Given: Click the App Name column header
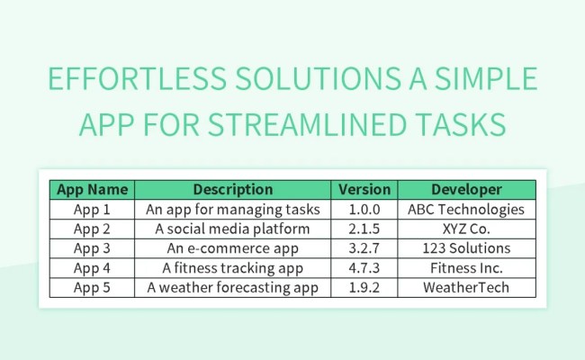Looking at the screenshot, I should coord(93,190).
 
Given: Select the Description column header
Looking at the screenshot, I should coord(232,190).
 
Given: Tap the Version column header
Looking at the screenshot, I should coord(364,190).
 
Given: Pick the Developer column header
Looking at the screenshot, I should coord(466,190).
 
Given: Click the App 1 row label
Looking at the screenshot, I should coord(93,210).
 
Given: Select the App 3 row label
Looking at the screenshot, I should coord(93,248).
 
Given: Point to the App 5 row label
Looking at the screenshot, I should coord(93,287).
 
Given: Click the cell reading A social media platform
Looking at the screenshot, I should coord(232,229).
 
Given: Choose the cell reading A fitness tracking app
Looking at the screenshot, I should coord(232,268).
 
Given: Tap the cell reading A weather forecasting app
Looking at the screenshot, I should coord(232,287).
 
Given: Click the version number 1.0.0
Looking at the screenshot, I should coord(364,210).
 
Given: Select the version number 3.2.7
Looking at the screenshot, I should coord(364,248).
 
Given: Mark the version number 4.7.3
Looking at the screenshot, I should coord(364,268).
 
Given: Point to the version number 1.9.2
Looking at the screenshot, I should coord(364,287).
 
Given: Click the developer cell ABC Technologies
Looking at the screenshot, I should coord(466,210).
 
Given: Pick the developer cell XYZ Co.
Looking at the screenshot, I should coord(466,229).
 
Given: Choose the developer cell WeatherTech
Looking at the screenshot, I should coord(466,287).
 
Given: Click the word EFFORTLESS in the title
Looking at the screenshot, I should coord(136,81).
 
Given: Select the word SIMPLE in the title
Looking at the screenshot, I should coord(484,81).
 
